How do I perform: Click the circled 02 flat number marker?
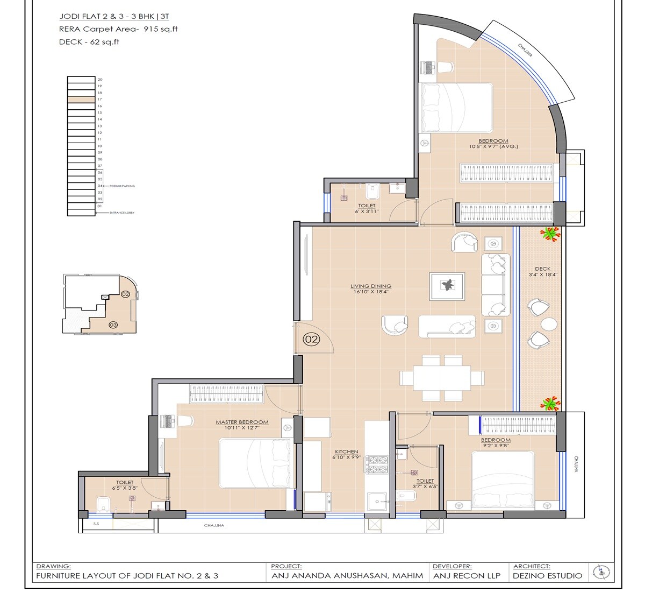(312, 340)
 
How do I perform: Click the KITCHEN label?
(346, 452)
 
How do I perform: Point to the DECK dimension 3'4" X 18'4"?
(542, 276)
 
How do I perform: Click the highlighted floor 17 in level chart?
(81, 100)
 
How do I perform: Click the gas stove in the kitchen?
(377, 464)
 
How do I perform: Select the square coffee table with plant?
(447, 285)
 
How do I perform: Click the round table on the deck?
(549, 324)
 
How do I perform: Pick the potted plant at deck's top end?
(550, 233)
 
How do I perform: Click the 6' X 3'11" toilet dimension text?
(367, 211)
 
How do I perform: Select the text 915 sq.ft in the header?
(160, 30)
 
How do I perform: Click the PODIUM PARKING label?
(122, 186)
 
